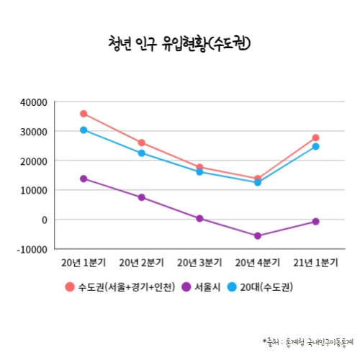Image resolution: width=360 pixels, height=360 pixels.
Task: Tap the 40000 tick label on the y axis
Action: (34, 102)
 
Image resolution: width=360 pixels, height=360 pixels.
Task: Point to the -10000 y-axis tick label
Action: (32, 249)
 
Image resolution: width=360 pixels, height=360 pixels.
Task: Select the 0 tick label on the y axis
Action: (44, 220)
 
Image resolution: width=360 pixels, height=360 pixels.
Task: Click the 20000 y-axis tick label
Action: (34, 161)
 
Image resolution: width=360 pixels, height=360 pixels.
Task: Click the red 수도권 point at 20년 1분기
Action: (84, 114)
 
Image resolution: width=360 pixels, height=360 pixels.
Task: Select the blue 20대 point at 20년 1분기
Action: (84, 130)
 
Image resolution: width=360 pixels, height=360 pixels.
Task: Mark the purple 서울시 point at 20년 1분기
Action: (84, 179)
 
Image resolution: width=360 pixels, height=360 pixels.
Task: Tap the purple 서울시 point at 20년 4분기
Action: (258, 235)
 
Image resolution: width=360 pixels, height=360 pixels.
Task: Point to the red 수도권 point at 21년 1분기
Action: (315, 138)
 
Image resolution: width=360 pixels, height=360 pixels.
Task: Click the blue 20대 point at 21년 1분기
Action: (315, 146)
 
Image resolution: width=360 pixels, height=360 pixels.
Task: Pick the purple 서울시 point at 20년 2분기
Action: (142, 197)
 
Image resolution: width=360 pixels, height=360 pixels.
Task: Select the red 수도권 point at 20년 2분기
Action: (142, 143)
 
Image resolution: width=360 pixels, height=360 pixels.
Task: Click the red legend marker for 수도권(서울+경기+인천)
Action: (70, 287)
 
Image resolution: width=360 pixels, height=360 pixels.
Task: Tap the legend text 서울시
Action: (209, 287)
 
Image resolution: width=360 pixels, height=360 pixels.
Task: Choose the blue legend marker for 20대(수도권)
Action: (232, 287)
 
